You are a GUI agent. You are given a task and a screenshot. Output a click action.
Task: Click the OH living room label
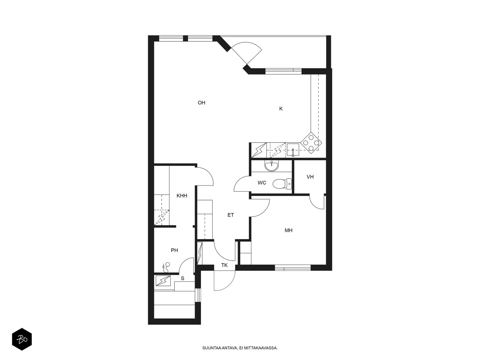pyautogui.click(x=201, y=103)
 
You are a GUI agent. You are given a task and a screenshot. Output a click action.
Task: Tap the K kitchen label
pyautogui.click(x=281, y=109)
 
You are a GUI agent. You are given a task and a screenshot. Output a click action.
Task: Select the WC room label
pyautogui.click(x=262, y=183)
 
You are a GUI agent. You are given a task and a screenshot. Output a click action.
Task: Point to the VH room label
pyautogui.click(x=310, y=177)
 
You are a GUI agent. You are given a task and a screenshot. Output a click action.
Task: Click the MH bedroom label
pyautogui.click(x=288, y=230)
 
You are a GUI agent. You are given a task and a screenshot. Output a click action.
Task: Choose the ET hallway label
pyautogui.click(x=231, y=215)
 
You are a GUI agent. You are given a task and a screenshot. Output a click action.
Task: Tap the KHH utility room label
pyautogui.click(x=182, y=196)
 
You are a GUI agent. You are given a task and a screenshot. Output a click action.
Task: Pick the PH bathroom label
pyautogui.click(x=174, y=250)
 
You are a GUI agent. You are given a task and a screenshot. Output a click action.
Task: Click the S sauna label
pyautogui.click(x=183, y=278)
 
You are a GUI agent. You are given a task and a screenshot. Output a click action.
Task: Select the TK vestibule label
pyautogui.click(x=224, y=265)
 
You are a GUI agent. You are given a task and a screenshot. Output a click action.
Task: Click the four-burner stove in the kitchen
pyautogui.click(x=311, y=143)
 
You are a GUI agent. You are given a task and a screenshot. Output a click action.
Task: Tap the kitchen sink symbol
pyautogui.click(x=293, y=150)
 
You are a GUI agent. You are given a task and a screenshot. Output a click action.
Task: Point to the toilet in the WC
pyautogui.click(x=282, y=184)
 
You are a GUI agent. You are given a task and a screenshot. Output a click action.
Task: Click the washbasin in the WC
pyautogui.click(x=271, y=166)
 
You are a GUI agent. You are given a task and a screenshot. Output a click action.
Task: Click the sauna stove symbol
pyautogui.click(x=163, y=281)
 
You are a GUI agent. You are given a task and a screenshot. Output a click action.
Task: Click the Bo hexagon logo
pyautogui.click(x=22, y=340)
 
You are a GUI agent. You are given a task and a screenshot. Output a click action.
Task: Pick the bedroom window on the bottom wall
pyautogui.click(x=292, y=268)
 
